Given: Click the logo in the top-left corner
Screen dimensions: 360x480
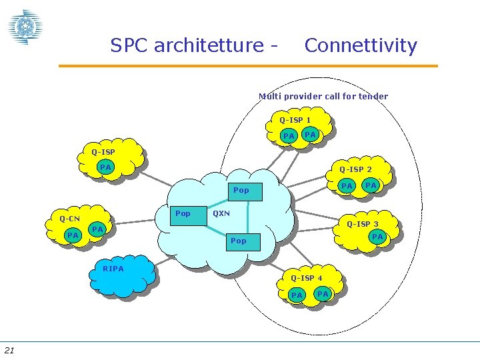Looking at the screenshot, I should tap(25, 27).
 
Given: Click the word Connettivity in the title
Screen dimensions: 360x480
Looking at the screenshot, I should tap(360, 45).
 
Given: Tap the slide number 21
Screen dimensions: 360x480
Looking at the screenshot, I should tap(9, 351).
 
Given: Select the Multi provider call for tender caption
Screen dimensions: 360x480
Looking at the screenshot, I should tap(323, 96).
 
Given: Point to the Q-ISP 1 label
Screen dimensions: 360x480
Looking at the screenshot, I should tap(295, 120).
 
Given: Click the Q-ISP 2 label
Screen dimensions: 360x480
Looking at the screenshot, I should tap(356, 169).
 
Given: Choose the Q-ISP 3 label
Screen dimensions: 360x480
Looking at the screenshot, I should tap(363, 224).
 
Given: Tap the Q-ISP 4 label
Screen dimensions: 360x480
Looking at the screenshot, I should tap(307, 278).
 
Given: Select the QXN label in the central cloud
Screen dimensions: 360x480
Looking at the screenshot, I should tap(221, 214).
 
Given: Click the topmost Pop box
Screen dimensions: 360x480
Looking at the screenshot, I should tap(241, 191).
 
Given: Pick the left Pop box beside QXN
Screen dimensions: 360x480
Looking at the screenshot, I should tap(183, 214).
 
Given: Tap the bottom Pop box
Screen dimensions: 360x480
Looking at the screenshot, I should tap(238, 241).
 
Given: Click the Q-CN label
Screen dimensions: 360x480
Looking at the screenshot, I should tap(69, 219).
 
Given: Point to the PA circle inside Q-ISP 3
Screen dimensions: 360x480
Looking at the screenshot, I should tap(377, 237).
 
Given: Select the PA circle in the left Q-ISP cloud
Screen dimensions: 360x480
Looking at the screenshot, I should tap(105, 167).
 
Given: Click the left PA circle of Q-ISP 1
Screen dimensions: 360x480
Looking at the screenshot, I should tap(289, 136).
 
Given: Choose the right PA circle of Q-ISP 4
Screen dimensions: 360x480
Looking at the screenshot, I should tap(323, 293).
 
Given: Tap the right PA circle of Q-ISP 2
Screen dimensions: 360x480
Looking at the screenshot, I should tap(371, 185).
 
